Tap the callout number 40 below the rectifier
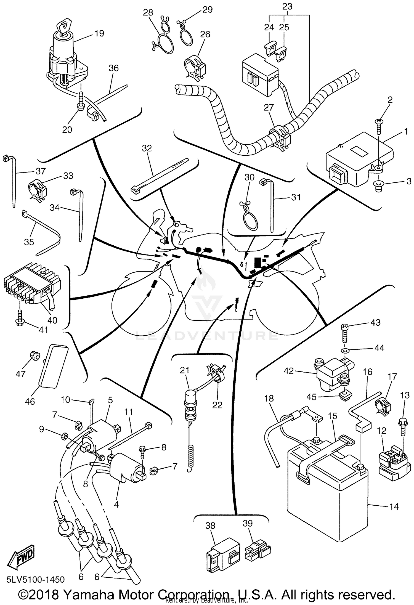pyautogui.click(x=52, y=320)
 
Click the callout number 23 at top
pyautogui.click(x=287, y=6)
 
